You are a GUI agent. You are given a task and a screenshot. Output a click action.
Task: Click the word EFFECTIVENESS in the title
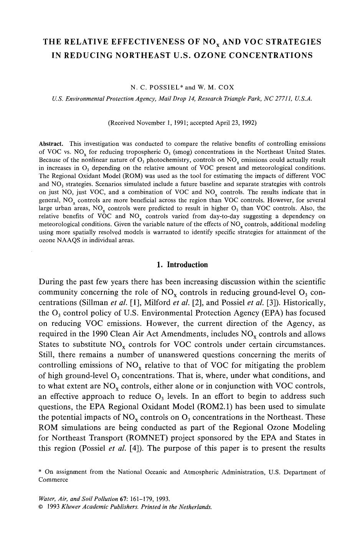click(151, 41)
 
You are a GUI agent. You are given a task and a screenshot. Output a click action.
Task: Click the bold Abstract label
click(51, 144)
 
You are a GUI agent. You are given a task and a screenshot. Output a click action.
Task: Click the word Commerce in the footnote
click(53, 480)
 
